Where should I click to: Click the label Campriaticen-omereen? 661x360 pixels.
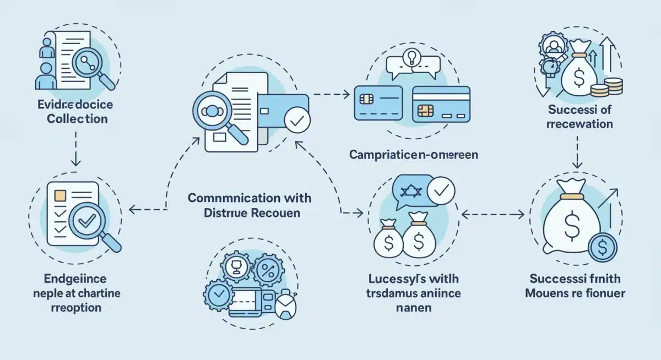click(413, 155)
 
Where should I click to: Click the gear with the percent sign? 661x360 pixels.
click(270, 270)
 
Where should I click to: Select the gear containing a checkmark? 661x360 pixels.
click(218, 293)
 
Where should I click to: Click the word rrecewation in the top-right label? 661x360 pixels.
click(579, 123)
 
